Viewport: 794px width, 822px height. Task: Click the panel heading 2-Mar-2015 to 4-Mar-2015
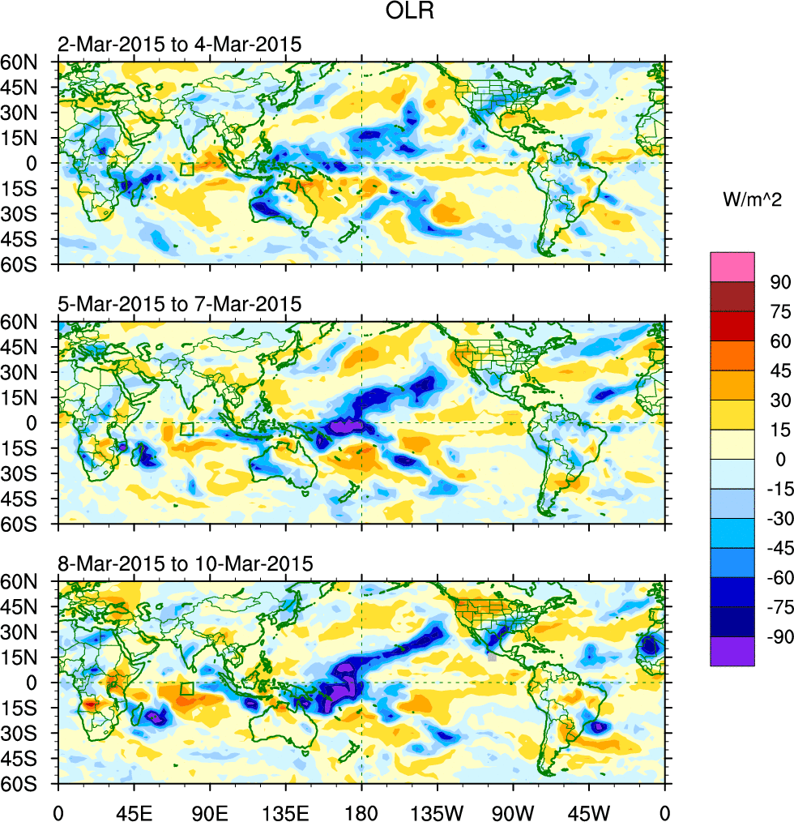179,45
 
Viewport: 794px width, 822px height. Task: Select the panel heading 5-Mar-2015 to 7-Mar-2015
179,304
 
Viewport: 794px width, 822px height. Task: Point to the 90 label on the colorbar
779,281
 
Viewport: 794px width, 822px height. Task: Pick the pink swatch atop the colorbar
732,267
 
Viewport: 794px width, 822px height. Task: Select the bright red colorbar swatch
732,326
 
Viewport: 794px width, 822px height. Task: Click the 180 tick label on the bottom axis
361,811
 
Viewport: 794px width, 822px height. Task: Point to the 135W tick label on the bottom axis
437,811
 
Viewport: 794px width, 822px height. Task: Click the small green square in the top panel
187,169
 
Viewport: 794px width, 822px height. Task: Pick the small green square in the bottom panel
187,688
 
